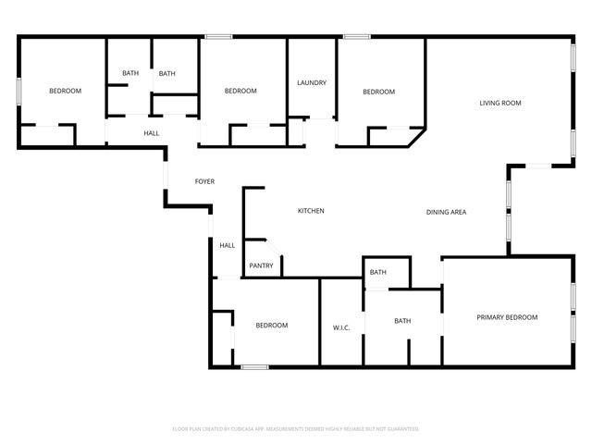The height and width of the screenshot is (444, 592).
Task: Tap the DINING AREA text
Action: pyautogui.click(x=446, y=213)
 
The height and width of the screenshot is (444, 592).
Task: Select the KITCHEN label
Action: pyautogui.click(x=311, y=211)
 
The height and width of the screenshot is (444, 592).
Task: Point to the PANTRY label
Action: pyautogui.click(x=261, y=266)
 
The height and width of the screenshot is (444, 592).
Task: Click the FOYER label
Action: pyautogui.click(x=204, y=181)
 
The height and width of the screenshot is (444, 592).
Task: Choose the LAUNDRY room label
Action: pyautogui.click(x=312, y=83)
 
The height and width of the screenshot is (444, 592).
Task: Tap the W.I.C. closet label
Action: pyautogui.click(x=340, y=327)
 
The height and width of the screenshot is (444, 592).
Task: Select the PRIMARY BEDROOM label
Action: pyautogui.click(x=507, y=317)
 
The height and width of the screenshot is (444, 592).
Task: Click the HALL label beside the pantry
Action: pyautogui.click(x=227, y=245)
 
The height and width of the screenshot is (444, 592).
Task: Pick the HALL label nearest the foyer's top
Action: pyautogui.click(x=151, y=133)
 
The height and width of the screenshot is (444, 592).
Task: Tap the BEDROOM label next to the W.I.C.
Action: pyautogui.click(x=272, y=325)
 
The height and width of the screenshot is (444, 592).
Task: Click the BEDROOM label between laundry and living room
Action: pyautogui.click(x=378, y=92)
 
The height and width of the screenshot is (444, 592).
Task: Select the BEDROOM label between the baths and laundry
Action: pyautogui.click(x=240, y=91)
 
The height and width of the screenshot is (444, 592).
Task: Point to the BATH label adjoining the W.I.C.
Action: pyautogui.click(x=402, y=321)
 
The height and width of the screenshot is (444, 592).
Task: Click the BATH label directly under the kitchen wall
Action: pyautogui.click(x=377, y=272)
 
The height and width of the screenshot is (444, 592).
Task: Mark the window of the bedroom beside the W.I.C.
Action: pyautogui.click(x=254, y=368)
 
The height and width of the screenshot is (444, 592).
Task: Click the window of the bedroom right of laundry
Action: pyautogui.click(x=357, y=37)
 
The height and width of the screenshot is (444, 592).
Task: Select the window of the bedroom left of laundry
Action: pyautogui.click(x=218, y=37)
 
